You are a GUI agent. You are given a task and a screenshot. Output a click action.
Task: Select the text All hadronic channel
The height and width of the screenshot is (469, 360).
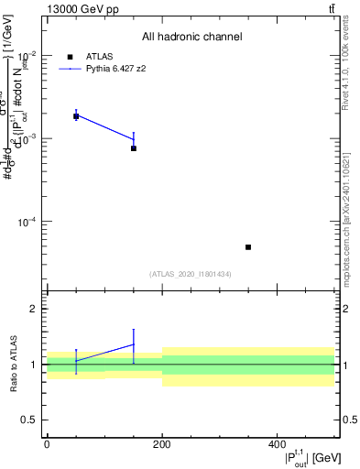point(191,37)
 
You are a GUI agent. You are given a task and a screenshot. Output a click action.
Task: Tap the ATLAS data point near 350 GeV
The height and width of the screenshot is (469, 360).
point(248,247)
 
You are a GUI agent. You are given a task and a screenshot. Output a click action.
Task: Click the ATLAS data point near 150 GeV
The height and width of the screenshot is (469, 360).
point(134,148)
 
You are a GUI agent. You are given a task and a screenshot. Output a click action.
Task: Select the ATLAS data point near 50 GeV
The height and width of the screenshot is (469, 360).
point(76,116)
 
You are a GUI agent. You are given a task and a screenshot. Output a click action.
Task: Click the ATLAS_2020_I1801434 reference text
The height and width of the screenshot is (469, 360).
point(191,274)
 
